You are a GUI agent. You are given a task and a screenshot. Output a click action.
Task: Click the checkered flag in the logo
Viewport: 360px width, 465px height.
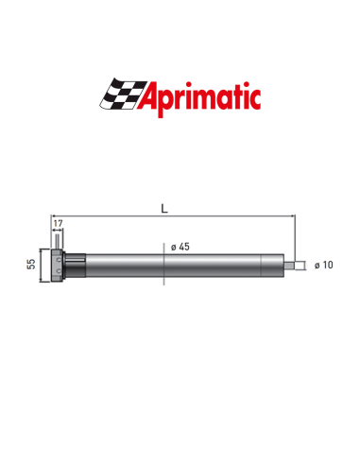coord(124,95)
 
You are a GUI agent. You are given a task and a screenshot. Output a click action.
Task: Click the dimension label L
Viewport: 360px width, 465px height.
coord(164,210)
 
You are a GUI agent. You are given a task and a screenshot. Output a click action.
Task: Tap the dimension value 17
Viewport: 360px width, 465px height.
coord(59,224)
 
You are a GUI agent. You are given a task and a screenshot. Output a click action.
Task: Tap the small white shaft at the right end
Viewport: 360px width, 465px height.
coord(297,267)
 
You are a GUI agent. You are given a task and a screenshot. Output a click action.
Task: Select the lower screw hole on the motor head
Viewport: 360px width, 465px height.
coord(58,271)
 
